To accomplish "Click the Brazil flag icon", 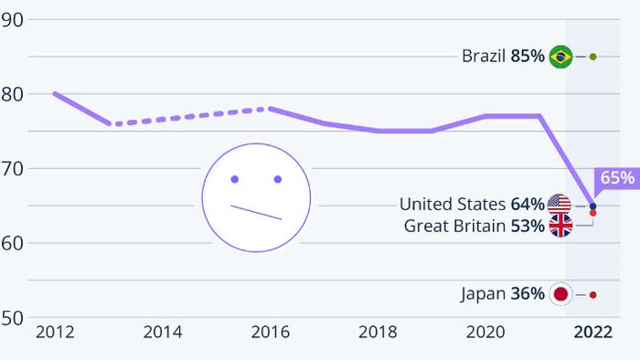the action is coord(560,57).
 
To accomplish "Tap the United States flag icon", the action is coord(560,205).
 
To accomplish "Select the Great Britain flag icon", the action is coord(560,226).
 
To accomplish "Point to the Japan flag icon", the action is coord(560,294).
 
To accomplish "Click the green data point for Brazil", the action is coord(593,57).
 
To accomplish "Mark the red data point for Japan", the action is coord(593,295).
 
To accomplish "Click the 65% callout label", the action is coord(617,178).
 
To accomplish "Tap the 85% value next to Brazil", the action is coord(528,56).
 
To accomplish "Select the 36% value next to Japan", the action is coord(528,293).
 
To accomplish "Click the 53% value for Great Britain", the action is coord(528,226).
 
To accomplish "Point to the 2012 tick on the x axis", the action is coord(55,333).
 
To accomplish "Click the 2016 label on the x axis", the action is coord(271,333).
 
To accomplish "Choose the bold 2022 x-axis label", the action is coord(593,333).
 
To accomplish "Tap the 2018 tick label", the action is coord(378,333).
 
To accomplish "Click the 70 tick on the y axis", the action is coord(11,169).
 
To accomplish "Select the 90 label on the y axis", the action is coord(11,20).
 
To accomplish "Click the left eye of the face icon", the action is coord(235,179).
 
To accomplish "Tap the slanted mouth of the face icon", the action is coord(256,212).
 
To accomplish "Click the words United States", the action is coord(453,205).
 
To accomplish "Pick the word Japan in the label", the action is coord(484,294).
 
